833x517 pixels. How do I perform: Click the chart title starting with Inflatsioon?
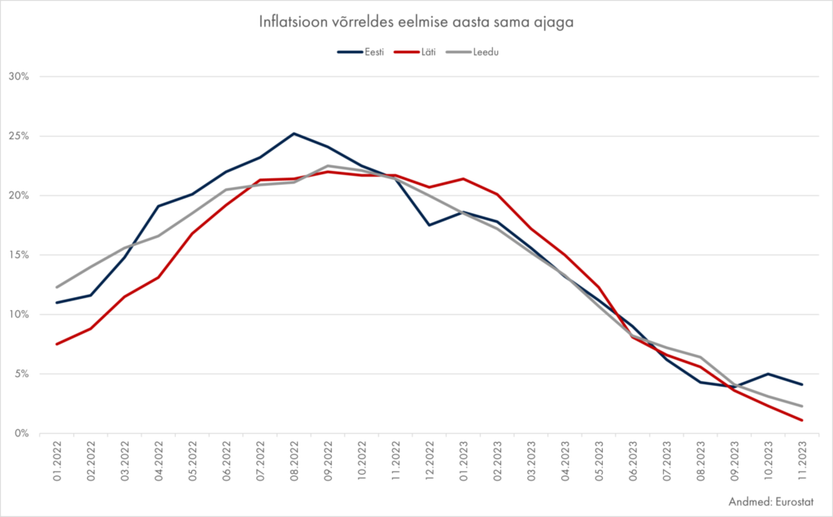(416, 23)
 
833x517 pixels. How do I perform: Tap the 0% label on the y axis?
(21, 433)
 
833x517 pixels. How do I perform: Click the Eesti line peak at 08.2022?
(294, 134)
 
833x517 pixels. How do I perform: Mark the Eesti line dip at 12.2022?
(430, 225)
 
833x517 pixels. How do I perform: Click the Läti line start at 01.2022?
(57, 344)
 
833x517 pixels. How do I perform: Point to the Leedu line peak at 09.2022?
(328, 166)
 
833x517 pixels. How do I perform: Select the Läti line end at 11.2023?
(802, 420)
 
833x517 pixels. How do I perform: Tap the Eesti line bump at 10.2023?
(768, 374)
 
